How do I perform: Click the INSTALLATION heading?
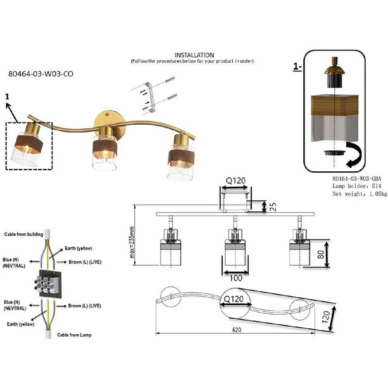tap(194, 55)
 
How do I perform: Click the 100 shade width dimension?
tap(235, 278)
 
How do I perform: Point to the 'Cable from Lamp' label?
tap(74, 335)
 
